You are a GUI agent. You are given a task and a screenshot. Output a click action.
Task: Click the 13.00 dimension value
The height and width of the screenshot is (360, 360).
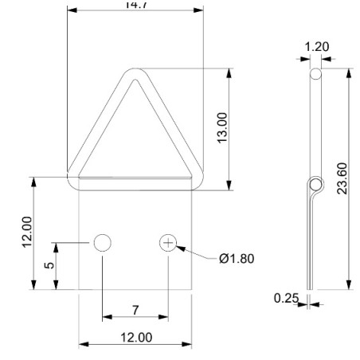[x=223, y=128]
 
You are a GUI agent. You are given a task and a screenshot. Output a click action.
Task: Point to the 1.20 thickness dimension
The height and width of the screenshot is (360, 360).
[x=317, y=47]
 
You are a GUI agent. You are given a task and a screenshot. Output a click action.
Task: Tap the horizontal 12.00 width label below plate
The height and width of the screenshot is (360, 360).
[x=135, y=337]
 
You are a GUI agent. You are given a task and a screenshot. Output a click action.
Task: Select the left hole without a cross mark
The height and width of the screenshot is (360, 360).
[x=102, y=243]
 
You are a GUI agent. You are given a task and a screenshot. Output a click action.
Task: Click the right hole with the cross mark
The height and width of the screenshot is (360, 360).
[x=168, y=243]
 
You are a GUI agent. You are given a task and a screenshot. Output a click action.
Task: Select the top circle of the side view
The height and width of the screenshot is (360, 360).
[x=316, y=73]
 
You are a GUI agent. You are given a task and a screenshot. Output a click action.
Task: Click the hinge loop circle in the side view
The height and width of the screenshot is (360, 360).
[x=316, y=187]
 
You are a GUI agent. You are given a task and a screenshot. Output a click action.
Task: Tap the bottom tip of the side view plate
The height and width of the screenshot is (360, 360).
[x=311, y=290]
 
